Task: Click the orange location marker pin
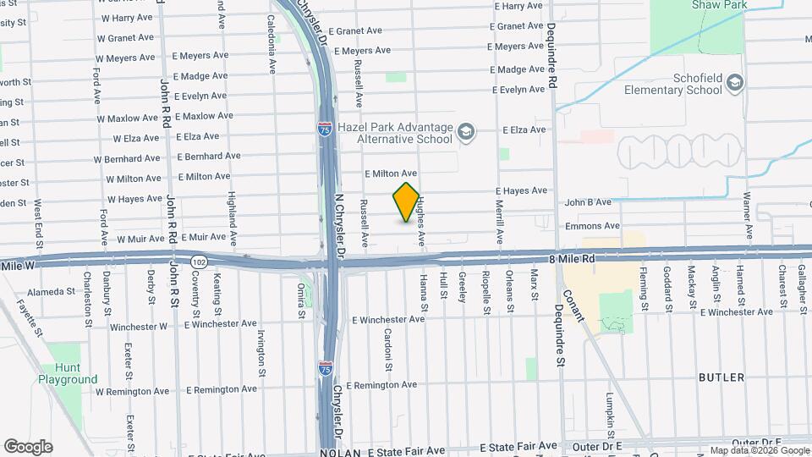(x=407, y=202)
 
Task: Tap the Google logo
(x=28, y=447)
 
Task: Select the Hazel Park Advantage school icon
(x=466, y=131)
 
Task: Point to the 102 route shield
(x=199, y=262)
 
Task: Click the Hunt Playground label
(x=68, y=374)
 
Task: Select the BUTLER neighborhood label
(x=721, y=377)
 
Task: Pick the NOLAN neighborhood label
(x=341, y=453)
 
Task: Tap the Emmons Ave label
(x=592, y=226)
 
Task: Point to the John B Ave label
(x=588, y=202)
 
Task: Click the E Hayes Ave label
(x=521, y=191)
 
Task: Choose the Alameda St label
(x=52, y=291)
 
